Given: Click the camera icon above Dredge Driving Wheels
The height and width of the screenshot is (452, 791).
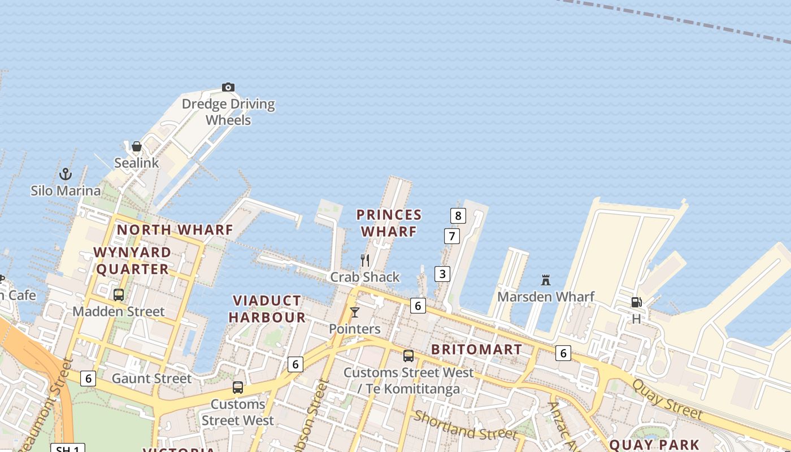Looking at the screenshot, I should pyautogui.click(x=228, y=87).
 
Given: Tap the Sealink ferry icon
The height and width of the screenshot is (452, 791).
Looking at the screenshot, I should pyautogui.click(x=137, y=147).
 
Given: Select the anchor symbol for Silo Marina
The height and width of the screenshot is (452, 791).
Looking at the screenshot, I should pyautogui.click(x=66, y=174).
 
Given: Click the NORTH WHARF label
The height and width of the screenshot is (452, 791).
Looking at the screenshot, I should pyautogui.click(x=175, y=230).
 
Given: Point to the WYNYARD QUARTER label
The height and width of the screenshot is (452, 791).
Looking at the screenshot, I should pyautogui.click(x=133, y=260).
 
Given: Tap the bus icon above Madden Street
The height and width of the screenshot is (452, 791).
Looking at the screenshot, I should pyautogui.click(x=119, y=294).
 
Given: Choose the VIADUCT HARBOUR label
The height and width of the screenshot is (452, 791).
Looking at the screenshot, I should pyautogui.click(x=267, y=309).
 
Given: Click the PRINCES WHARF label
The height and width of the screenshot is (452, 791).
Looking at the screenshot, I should pyautogui.click(x=389, y=223).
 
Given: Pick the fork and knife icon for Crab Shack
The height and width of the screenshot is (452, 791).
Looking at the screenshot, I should pyautogui.click(x=365, y=260).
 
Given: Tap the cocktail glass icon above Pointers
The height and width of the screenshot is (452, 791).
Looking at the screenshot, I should pyautogui.click(x=355, y=312).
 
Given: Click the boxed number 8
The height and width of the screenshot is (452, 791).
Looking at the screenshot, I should pyautogui.click(x=458, y=215).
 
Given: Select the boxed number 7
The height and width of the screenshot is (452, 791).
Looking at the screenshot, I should pyautogui.click(x=451, y=236).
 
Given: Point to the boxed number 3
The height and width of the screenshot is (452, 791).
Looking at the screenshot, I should pyautogui.click(x=442, y=274).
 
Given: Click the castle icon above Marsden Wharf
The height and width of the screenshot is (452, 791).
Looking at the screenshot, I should pyautogui.click(x=546, y=280).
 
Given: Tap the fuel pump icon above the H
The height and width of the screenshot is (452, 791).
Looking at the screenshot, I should pyautogui.click(x=636, y=302).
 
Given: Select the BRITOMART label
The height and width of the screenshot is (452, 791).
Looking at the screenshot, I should pyautogui.click(x=477, y=350).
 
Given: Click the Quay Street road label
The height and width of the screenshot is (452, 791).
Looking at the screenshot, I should pyautogui.click(x=667, y=399).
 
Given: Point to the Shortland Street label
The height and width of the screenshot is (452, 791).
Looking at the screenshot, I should pyautogui.click(x=465, y=425).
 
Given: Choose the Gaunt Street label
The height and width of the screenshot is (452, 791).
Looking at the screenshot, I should pyautogui.click(x=151, y=379).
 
